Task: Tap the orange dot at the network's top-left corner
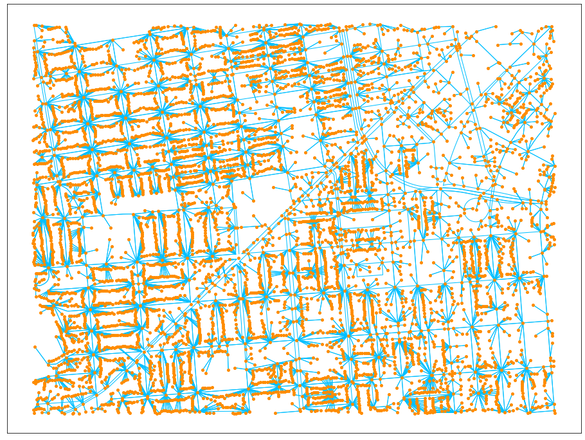35,26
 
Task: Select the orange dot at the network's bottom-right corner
554,412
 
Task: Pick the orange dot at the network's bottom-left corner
35,411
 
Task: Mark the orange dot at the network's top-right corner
552,27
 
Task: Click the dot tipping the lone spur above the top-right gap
496,26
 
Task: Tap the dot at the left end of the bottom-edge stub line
275,412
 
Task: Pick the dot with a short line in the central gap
245,192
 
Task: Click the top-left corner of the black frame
8,5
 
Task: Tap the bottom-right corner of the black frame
580,433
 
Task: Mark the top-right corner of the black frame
580,5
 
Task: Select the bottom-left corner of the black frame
8,433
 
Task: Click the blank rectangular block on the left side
106,241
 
